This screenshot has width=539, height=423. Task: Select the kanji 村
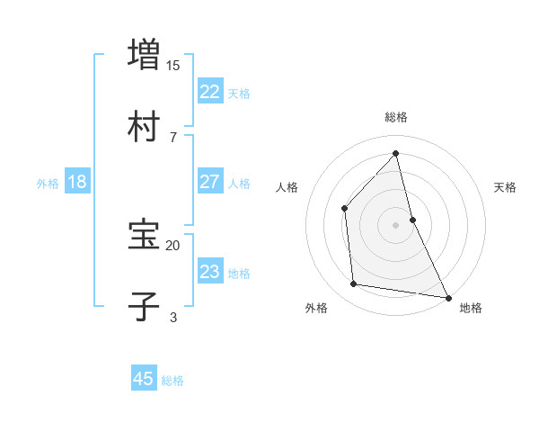145,126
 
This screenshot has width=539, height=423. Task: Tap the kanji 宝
145,235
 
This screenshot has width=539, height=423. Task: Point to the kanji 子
145,307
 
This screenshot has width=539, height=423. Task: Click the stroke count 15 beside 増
173,66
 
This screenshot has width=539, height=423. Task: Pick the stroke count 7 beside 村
173,138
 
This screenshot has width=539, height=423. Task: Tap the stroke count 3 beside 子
173,318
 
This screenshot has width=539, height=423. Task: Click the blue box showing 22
210,92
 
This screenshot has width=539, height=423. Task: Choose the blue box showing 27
210,182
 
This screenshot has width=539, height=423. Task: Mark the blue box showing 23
210,272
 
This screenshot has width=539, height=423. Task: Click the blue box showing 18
77,182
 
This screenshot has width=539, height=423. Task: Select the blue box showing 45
144,379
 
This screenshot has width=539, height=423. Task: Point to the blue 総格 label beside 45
172,381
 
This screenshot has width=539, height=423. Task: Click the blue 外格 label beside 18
48,184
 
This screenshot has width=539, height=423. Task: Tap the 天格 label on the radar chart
505,187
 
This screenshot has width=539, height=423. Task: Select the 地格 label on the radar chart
471,308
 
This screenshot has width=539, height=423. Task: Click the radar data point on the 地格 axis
447,296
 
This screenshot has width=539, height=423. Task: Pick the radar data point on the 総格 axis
395,154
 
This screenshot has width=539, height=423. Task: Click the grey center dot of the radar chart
395,224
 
